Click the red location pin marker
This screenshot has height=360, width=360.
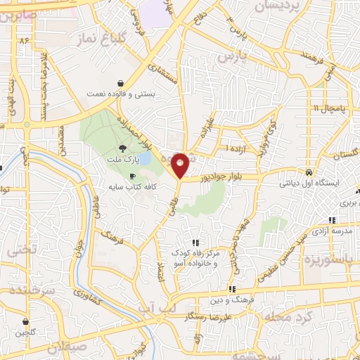tap(181, 164)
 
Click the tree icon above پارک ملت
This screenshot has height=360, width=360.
tap(123, 148)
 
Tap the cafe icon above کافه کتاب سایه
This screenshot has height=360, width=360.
tap(132, 176)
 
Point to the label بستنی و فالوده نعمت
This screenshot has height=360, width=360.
tap(117, 93)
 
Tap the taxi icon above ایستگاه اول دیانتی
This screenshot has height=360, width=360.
tap(309, 172)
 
